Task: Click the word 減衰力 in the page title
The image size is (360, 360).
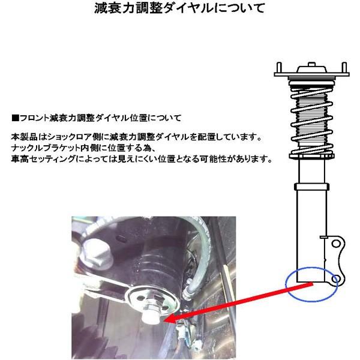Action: (x=110, y=10)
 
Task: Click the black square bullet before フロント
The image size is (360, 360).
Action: (x=14, y=117)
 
